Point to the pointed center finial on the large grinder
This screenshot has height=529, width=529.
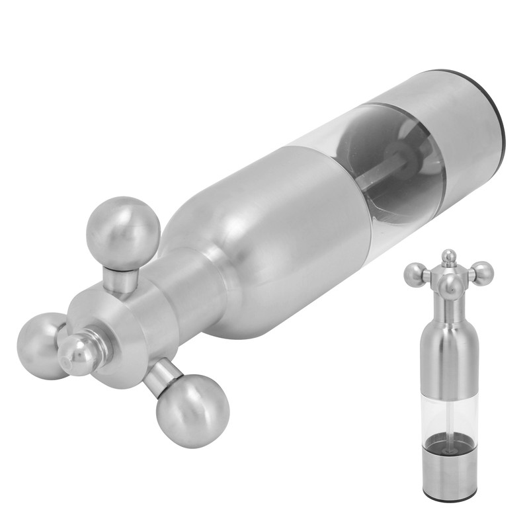click(77, 354)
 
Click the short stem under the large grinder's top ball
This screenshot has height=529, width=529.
click(120, 278)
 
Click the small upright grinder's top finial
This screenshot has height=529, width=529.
click(449, 255)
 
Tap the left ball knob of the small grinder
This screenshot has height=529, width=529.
click(413, 271)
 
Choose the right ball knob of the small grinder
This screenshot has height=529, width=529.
click(483, 271)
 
